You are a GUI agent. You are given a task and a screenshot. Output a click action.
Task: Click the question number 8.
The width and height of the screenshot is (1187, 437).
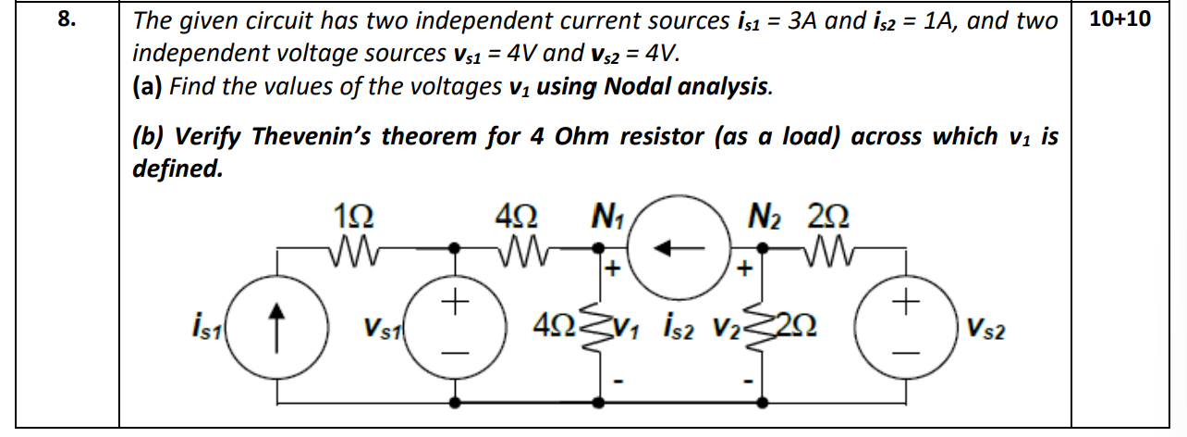tap(64, 21)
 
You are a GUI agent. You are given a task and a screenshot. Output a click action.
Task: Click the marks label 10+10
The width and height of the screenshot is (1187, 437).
tap(1120, 19)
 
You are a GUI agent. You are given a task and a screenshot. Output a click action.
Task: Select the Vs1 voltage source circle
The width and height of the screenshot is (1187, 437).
tap(456, 327)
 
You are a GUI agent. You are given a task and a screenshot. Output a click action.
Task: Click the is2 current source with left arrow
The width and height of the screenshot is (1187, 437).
tap(683, 247)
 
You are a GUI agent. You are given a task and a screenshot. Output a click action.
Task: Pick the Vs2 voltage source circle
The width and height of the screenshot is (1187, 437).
tap(907, 327)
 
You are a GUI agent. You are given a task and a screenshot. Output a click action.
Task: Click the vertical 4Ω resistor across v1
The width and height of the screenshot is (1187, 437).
tap(593, 327)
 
